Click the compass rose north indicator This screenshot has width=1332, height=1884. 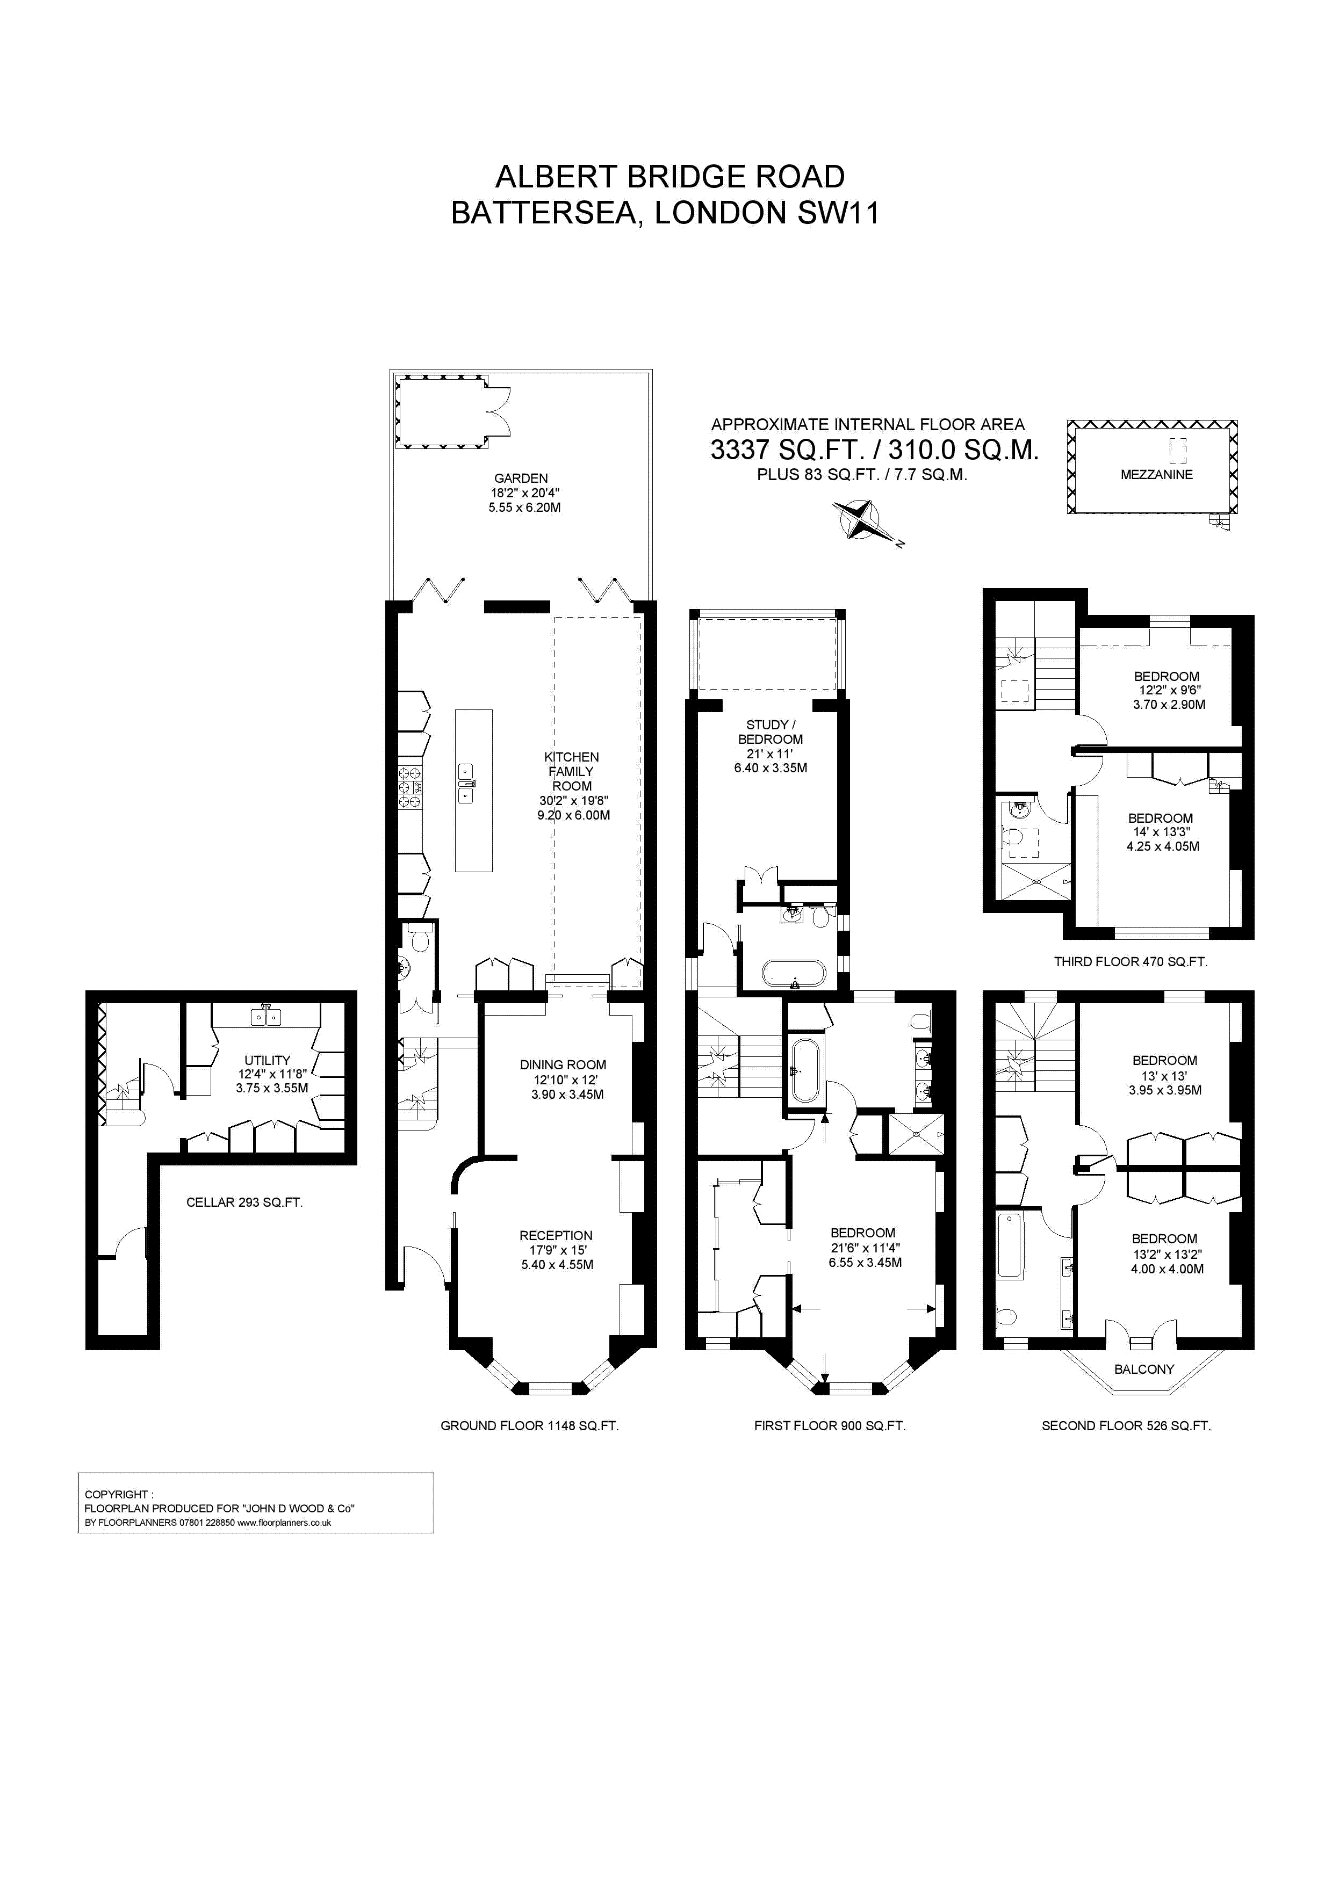pyautogui.click(x=857, y=520)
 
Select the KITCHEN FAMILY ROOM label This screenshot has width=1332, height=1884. pyautogui.click(x=572, y=771)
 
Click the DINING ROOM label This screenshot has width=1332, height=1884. pyautogui.click(x=563, y=1065)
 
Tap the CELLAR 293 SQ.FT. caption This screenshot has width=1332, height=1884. pyautogui.click(x=244, y=1202)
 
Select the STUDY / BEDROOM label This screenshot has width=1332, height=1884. pyautogui.click(x=771, y=732)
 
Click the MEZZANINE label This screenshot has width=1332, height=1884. pyautogui.click(x=1156, y=474)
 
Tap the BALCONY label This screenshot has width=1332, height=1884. pyautogui.click(x=1144, y=1368)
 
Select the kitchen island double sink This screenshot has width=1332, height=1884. pyautogui.click(x=465, y=784)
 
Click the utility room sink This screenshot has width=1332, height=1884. pyautogui.click(x=266, y=1017)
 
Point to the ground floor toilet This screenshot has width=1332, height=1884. pyautogui.click(x=420, y=939)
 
